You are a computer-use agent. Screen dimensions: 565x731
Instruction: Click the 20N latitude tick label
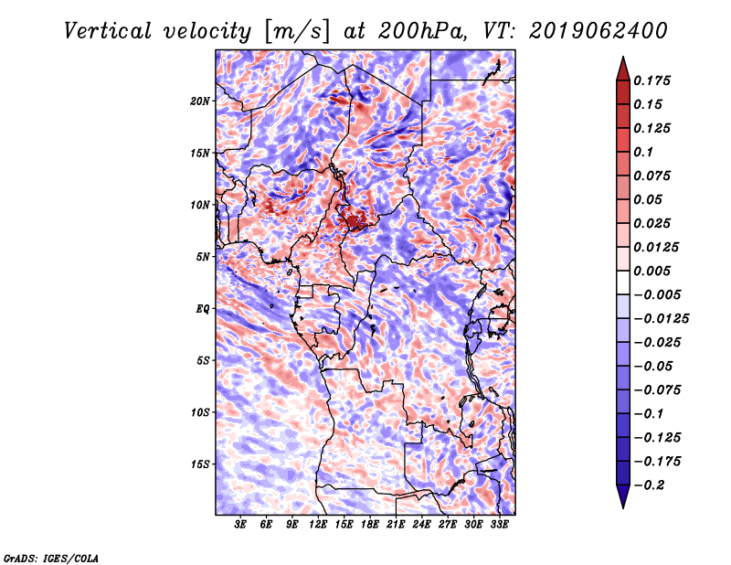click(200, 101)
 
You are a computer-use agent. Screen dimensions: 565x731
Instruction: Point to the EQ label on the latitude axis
click(203, 309)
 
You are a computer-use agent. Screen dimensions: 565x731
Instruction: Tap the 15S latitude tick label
click(200, 464)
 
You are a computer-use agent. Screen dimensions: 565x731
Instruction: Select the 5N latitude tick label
click(203, 257)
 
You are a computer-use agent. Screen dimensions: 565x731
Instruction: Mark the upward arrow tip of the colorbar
click(622, 59)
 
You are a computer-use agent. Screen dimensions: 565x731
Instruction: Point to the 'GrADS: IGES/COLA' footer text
click(50, 558)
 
